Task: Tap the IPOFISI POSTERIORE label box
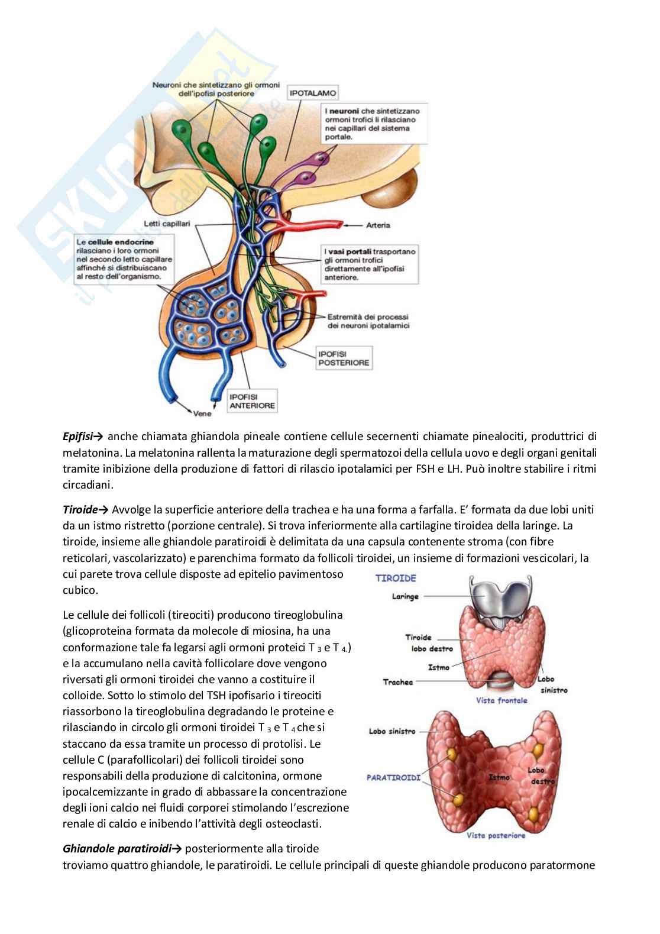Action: pyautogui.click(x=344, y=358)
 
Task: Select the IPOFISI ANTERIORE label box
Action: pyautogui.click(x=252, y=401)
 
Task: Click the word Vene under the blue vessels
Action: pyautogui.click(x=202, y=413)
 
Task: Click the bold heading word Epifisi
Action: pyautogui.click(x=80, y=437)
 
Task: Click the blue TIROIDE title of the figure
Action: pyautogui.click(x=396, y=578)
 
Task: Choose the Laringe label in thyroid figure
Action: pyautogui.click(x=405, y=596)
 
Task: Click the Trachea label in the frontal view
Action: pyautogui.click(x=397, y=682)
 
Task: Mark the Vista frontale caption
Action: pyautogui.click(x=502, y=700)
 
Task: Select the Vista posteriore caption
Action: pyautogui.click(x=496, y=835)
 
